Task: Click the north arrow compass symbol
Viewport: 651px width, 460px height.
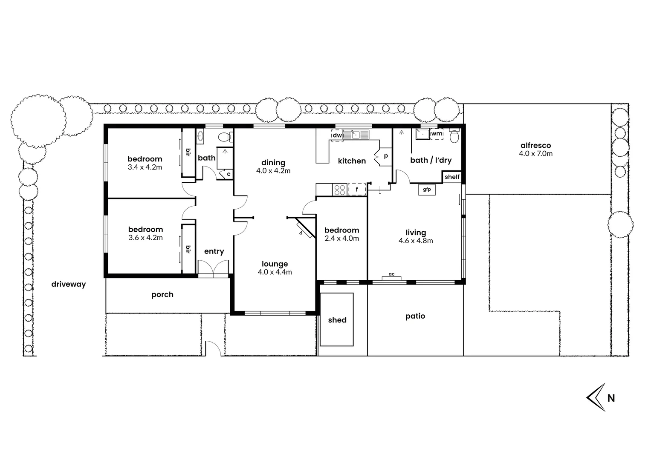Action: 596,397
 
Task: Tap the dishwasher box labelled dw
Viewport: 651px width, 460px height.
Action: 337,135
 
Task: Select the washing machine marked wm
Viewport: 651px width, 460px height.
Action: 437,134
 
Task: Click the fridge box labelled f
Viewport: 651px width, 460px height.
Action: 357,189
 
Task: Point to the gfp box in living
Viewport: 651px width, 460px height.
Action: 427,190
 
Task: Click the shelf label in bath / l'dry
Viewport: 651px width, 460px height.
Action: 452,177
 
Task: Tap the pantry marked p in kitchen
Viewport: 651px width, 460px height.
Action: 385,156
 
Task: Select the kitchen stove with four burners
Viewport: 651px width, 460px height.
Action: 340,189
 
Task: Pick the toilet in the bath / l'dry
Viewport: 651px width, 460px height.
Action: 454,136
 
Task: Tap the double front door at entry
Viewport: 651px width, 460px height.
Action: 214,269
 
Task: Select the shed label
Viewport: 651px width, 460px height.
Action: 337,320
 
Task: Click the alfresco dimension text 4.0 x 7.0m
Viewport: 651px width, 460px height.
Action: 535,154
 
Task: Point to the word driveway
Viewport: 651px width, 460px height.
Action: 69,284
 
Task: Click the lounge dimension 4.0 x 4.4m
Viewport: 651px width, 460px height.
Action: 275,272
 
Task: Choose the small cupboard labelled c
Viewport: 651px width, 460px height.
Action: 229,174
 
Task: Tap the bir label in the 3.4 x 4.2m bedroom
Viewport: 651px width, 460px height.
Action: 188,152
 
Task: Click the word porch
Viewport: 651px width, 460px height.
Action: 162,294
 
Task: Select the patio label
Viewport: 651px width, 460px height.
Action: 415,316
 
